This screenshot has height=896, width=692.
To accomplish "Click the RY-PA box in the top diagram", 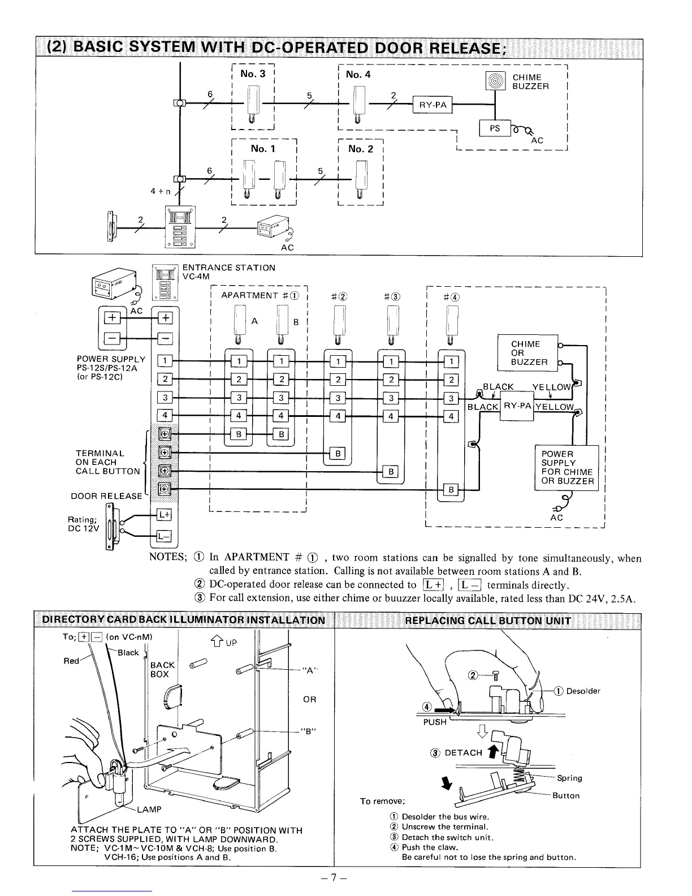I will (433, 105).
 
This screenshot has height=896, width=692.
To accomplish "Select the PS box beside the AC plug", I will (495, 128).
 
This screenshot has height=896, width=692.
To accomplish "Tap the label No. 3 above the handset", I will (253, 74).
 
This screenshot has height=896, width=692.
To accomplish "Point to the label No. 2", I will (361, 149).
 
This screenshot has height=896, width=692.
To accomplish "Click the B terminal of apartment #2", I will (338, 453).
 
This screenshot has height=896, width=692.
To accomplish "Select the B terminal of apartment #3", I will (391, 472).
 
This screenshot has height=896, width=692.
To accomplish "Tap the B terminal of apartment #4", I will (451, 489).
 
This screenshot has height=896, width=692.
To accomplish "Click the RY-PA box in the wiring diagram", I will (517, 406).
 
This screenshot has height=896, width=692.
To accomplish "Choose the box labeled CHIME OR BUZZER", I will (527, 353).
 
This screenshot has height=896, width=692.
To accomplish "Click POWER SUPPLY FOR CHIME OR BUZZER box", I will (566, 468).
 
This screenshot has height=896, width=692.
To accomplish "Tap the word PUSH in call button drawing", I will (435, 722).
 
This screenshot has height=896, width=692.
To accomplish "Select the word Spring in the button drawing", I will (569, 778).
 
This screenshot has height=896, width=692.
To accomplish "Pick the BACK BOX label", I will (162, 670).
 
